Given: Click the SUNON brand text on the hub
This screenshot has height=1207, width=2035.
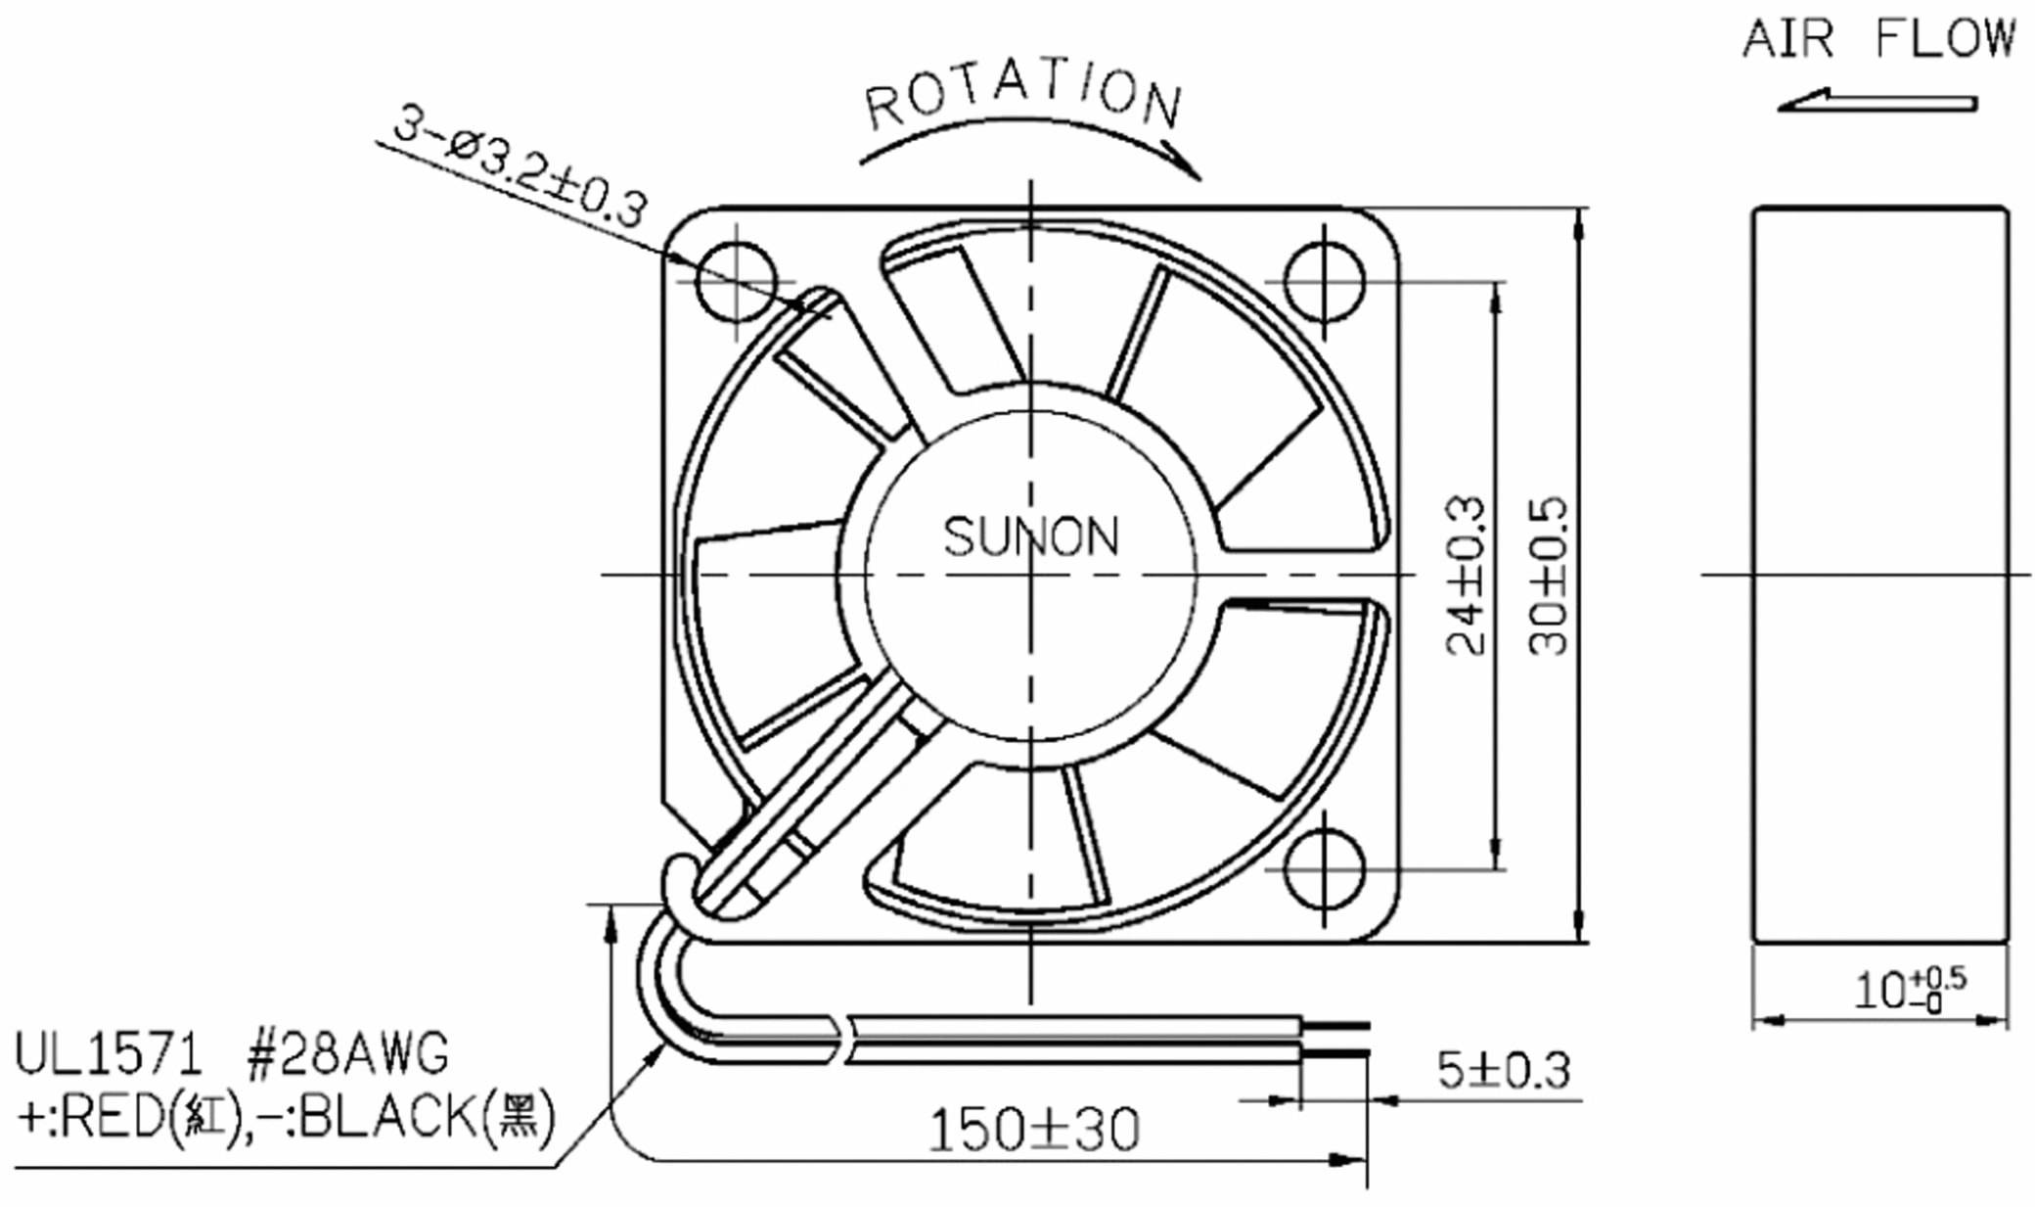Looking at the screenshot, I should (1030, 536).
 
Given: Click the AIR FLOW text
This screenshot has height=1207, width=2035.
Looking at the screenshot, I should (1877, 39).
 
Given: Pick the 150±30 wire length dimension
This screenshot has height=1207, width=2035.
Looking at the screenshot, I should (1033, 1129).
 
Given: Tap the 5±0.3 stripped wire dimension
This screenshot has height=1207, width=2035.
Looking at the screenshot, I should (1503, 1070).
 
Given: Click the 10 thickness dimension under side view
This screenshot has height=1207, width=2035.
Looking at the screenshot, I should (1908, 990).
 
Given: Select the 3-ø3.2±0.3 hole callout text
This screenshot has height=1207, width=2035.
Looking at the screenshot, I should (519, 166).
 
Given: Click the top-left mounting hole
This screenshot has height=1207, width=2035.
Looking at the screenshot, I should (736, 282).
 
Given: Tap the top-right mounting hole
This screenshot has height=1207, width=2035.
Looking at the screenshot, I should (1324, 282).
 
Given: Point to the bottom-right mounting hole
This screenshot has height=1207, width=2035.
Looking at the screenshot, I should (1324, 868).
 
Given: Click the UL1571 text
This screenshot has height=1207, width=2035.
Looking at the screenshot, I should (108, 1055).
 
